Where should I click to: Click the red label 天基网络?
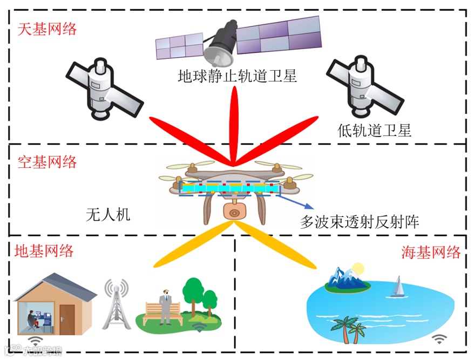(x=48, y=29)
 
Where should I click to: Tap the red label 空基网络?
(x=48, y=162)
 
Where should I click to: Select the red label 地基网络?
(x=44, y=250)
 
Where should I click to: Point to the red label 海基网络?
(x=431, y=252)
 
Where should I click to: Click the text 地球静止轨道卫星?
(x=238, y=75)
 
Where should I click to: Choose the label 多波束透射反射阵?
(x=360, y=221)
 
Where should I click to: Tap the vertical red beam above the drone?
(x=235, y=124)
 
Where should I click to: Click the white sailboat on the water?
(x=398, y=287)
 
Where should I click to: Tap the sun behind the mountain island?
(x=357, y=269)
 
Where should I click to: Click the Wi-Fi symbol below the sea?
(x=440, y=339)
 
